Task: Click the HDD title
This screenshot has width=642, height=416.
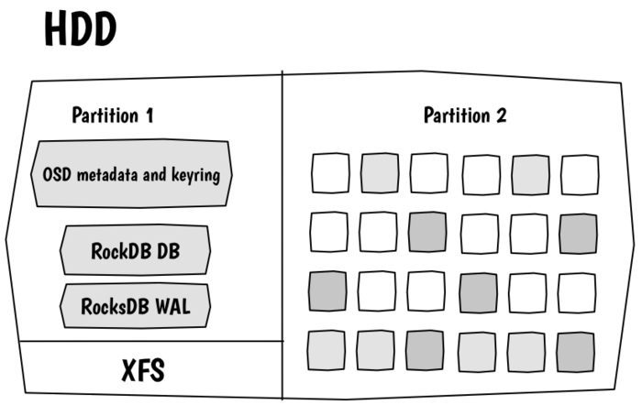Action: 81,29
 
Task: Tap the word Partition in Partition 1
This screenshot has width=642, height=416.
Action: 105,115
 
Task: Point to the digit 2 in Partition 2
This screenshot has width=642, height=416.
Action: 501,115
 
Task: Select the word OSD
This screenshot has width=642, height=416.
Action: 57,175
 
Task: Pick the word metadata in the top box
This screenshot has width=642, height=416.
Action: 107,175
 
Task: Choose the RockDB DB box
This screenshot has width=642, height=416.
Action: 135,249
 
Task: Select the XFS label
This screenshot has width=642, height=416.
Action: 143,370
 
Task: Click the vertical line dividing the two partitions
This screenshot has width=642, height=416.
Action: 282,235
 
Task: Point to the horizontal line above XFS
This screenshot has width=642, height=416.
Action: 151,341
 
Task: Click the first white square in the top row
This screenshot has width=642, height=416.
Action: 330,173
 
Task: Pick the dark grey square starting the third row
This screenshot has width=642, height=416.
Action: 327,291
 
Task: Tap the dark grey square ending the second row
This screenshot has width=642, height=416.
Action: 578,234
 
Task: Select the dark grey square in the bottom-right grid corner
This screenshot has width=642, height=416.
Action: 576,352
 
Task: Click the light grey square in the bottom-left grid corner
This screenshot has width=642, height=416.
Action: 327,351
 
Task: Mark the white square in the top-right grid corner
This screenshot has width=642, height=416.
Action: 580,175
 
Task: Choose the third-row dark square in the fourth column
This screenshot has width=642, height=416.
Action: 479,293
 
